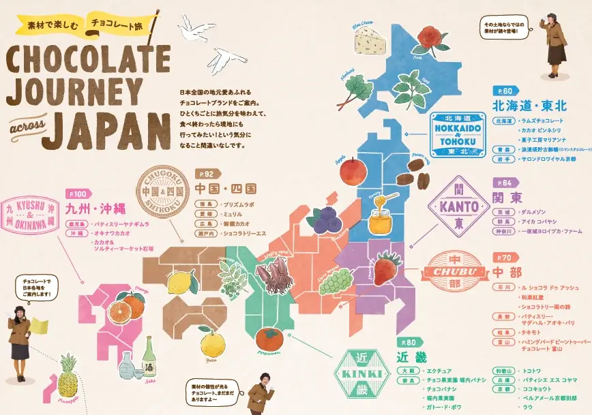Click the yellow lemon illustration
pyautogui.click(x=181, y=281)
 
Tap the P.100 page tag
pyautogui.click(x=78, y=194)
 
